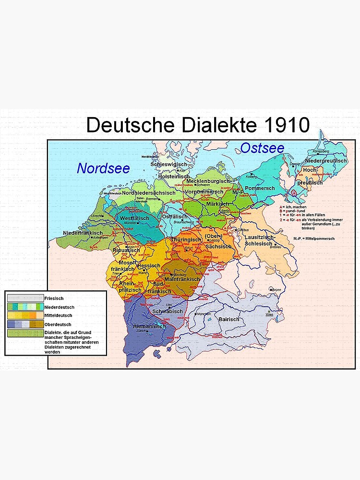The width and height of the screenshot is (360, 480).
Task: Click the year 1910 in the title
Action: [x=286, y=125]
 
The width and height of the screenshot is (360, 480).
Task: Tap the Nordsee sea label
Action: [x=103, y=168]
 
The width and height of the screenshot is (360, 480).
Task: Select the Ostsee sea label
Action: [x=262, y=148]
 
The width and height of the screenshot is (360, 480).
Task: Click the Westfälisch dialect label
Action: [x=134, y=218]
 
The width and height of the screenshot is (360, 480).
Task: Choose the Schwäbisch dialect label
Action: [x=168, y=311]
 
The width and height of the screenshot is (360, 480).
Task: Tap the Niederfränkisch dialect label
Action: [x=83, y=233]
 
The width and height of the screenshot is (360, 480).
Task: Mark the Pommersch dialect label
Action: [x=259, y=188]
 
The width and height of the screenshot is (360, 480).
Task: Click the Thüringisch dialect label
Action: [x=186, y=239]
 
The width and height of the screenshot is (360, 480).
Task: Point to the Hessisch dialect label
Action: [x=148, y=265]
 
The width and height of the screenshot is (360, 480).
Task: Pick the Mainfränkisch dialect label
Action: [x=182, y=279]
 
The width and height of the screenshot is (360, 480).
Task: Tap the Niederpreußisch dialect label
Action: [x=326, y=160]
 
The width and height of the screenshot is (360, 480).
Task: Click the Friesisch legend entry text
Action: [x=54, y=298]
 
